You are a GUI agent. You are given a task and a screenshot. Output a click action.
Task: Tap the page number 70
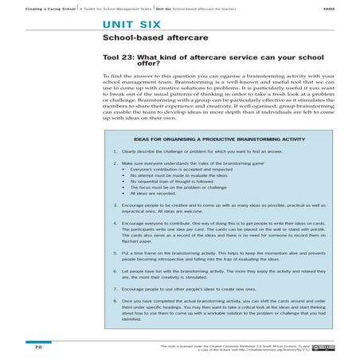click(x=38, y=348)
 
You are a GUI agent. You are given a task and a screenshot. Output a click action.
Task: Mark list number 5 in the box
click(x=115, y=252)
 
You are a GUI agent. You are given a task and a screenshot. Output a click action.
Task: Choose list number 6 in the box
click(x=115, y=271)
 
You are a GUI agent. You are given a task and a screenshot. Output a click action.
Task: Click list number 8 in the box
click(x=115, y=301)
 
